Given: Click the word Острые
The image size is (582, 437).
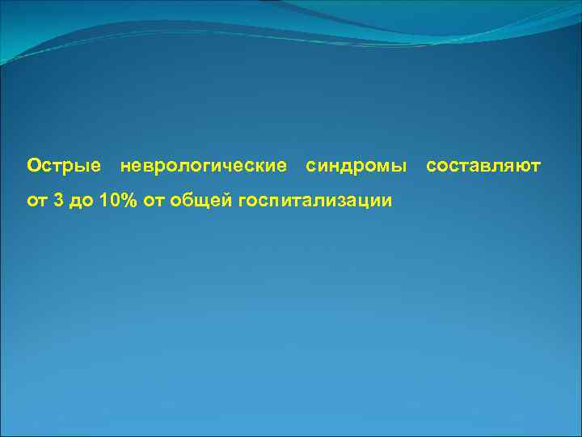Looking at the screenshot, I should [x=64, y=166].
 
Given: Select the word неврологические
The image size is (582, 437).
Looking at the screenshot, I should [x=203, y=166].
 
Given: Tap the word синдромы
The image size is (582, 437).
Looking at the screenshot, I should [x=356, y=166].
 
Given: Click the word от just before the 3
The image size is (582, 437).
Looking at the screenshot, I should [x=37, y=201].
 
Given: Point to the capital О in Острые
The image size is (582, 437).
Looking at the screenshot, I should [x=33, y=166].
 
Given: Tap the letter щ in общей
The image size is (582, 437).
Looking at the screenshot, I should [x=199, y=202].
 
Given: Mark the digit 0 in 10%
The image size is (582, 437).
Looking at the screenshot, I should [x=116, y=200].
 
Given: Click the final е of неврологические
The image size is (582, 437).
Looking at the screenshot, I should [x=281, y=167].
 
